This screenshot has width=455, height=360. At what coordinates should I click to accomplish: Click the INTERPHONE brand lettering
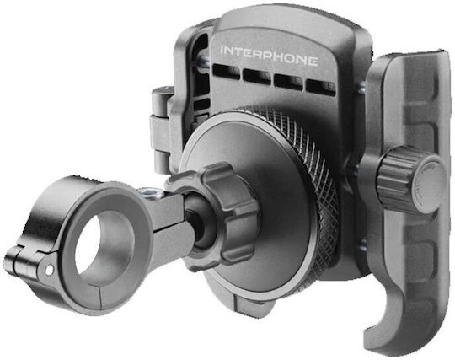269,56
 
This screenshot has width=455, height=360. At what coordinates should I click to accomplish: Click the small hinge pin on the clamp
50,270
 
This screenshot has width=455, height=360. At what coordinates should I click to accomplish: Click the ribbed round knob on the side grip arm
412,180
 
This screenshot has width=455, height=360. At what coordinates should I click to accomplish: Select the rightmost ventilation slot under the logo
321,87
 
